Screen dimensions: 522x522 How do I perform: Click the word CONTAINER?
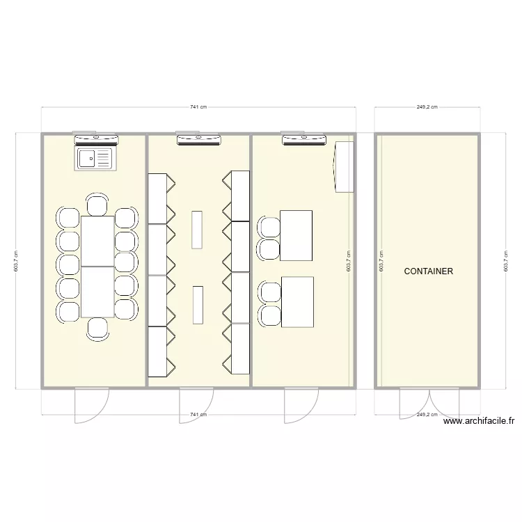428,271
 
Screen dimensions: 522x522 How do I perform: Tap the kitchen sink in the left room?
94,159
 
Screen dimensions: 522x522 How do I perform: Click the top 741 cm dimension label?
198,107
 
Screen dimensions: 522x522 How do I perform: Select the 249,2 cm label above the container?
427,107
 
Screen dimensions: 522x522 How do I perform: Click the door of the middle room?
196,405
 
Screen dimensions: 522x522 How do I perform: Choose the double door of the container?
429,404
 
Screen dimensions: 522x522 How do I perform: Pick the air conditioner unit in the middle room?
198,140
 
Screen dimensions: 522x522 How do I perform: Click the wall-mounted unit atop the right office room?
303,140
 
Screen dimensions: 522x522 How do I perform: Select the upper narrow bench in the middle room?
198,229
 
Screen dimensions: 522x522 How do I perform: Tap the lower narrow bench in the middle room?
198,304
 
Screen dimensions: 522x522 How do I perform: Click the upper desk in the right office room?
296,235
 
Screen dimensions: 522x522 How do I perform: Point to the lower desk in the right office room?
297,301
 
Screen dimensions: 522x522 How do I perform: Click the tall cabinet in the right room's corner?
345,166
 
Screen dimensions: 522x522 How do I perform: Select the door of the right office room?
301,405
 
